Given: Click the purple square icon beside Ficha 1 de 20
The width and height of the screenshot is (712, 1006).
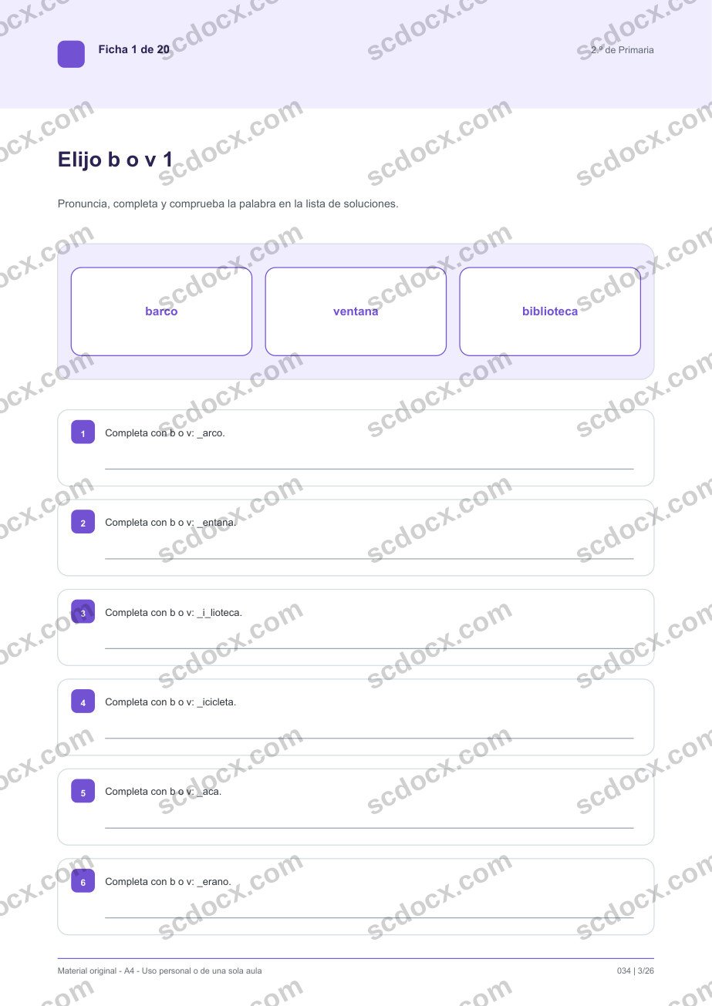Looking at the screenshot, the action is coord(71,54).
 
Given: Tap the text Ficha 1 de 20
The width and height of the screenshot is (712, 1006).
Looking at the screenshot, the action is coord(134,49).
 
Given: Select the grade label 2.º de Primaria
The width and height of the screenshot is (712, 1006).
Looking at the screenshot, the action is coord(622,50).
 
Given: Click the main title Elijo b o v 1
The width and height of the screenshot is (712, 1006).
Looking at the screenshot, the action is coord(115,160).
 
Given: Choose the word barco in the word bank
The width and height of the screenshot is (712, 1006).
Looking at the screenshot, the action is coord(161,311).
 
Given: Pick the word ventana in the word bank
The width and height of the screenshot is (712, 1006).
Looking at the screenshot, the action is coord(356,311).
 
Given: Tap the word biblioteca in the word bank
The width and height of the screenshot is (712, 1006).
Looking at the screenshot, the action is coord(550,311).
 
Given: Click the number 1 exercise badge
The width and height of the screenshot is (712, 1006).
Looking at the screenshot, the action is coord(83,432).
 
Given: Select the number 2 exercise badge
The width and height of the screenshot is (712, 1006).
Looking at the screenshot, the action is coord(83,522).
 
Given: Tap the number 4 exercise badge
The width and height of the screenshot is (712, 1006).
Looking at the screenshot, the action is coord(83,702).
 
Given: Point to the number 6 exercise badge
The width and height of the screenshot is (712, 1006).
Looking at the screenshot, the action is coord(83,881).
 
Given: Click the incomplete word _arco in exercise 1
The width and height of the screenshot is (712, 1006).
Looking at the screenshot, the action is coord(211,433).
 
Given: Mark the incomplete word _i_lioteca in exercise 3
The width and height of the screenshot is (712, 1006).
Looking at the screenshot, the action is coord(219,613).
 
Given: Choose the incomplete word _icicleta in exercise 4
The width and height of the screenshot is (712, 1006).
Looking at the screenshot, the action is coord(216,702).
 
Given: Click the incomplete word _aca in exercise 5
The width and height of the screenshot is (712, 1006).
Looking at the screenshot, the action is coord(209,792).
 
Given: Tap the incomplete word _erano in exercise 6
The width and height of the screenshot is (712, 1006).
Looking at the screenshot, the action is coord(214,882).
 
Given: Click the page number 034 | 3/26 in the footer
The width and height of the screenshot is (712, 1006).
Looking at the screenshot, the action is coord(635,971).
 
